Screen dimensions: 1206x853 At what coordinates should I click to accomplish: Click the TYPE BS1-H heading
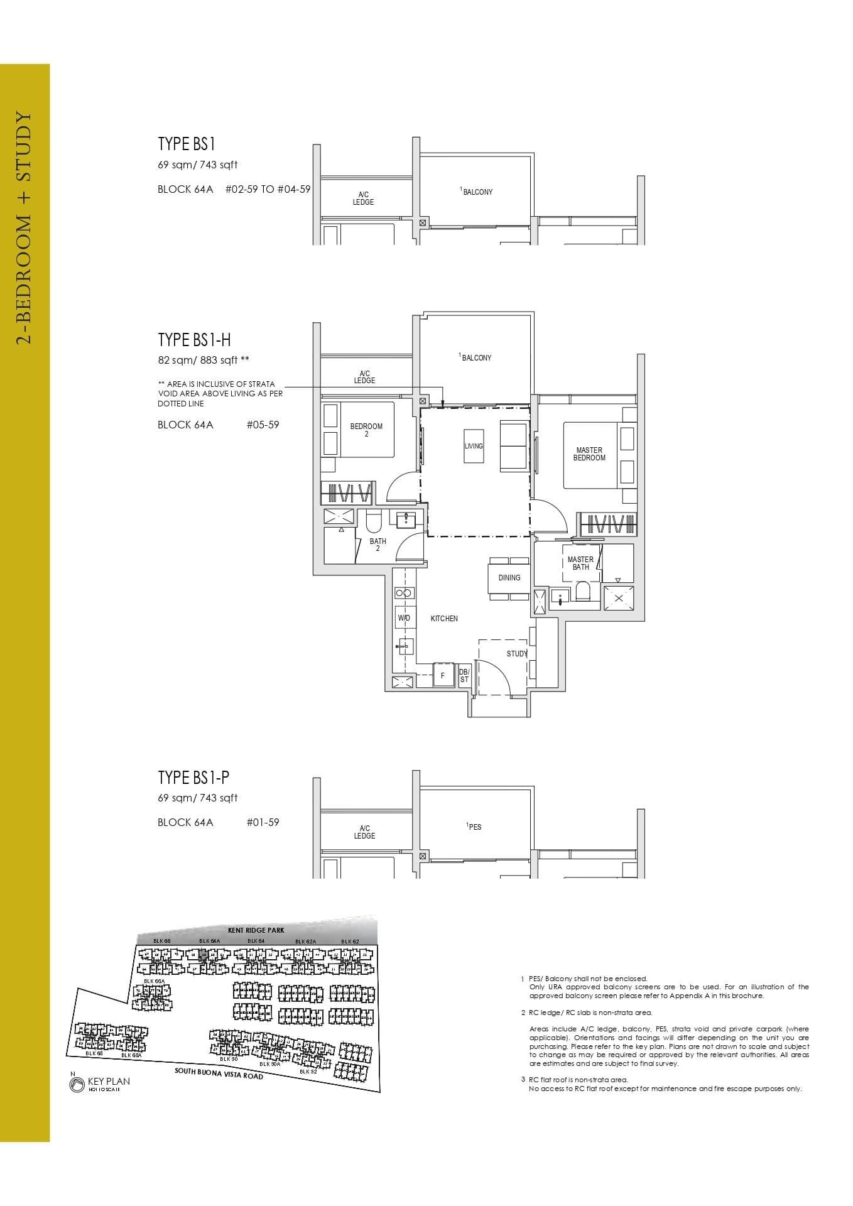point(194,340)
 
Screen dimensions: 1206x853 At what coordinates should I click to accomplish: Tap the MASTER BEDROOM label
point(589,454)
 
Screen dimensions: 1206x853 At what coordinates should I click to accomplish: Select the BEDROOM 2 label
point(366,430)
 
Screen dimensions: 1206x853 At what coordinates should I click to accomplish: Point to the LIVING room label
point(474,446)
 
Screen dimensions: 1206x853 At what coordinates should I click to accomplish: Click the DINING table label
point(509,578)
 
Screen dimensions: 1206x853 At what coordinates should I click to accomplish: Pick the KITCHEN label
point(444,619)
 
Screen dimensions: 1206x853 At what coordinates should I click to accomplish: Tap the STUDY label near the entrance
point(517,654)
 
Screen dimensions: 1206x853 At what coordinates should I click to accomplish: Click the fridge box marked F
point(443,676)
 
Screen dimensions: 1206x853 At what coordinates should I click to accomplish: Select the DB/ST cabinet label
point(464,676)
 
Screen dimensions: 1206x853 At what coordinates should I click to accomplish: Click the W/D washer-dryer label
point(403,619)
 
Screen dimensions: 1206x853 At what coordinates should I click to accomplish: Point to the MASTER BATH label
point(580,563)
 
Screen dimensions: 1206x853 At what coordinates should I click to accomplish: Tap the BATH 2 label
point(378,545)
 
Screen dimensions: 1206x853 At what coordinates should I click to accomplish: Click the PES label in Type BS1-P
point(475,827)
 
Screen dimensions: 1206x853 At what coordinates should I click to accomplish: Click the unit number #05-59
point(263,425)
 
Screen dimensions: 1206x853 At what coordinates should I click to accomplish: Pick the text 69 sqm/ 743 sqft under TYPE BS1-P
point(197,798)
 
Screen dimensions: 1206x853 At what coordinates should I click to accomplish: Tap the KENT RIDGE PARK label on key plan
point(256,930)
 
